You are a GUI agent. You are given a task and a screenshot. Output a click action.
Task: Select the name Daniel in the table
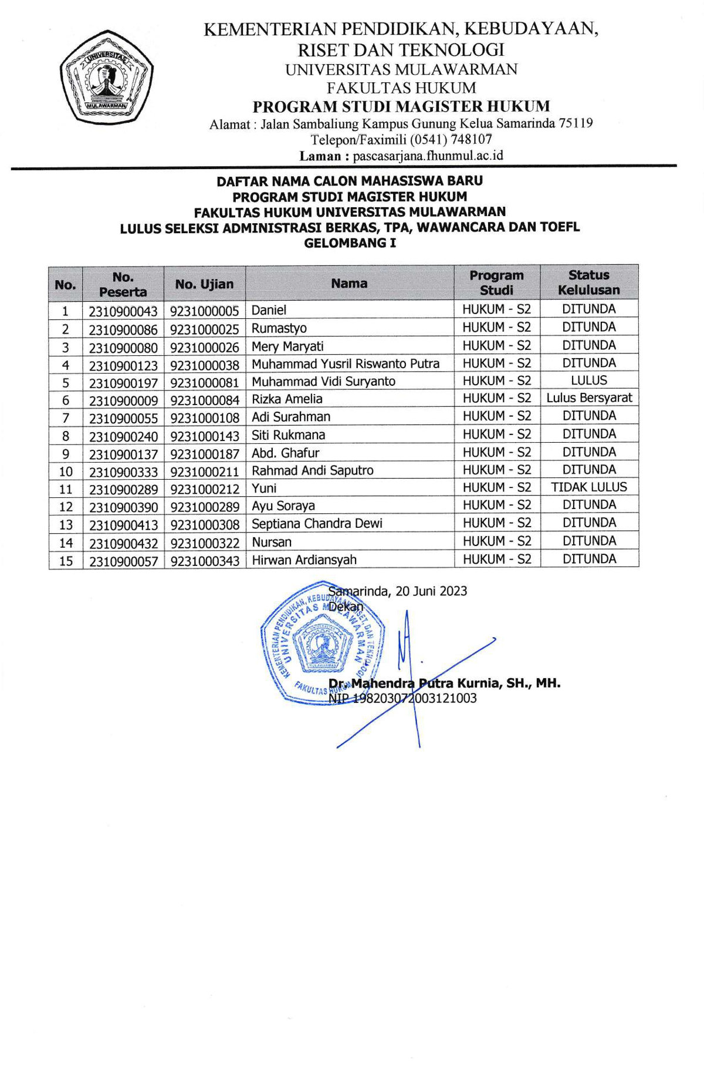tap(269, 310)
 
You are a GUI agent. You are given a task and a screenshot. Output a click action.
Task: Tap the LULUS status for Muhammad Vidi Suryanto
tap(588, 380)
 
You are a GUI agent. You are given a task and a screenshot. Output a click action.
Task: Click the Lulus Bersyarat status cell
tap(589, 398)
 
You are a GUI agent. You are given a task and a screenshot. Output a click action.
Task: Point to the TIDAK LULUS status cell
tap(589, 487)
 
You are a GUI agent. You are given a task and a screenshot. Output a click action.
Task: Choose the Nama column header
tap(349, 284)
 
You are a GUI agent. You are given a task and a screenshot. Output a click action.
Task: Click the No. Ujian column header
tap(204, 284)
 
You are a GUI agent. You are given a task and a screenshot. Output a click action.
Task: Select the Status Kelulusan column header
tap(588, 282)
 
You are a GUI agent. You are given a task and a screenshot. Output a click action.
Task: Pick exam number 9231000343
tap(205, 561)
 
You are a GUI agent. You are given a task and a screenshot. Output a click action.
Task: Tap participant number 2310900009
tap(123, 401)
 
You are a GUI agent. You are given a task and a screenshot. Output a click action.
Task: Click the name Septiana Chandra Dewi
tap(317, 523)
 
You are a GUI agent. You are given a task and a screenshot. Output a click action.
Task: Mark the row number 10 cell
tap(66, 471)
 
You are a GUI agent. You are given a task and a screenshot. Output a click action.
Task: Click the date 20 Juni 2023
tap(431, 591)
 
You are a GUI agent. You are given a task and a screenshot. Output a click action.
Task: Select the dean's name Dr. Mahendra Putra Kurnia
tap(444, 683)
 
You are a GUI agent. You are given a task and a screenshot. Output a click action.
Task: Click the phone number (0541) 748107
tap(451, 140)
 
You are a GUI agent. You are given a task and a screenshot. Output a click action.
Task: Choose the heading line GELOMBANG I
tap(350, 243)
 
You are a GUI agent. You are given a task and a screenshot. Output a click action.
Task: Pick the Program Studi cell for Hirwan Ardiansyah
tap(496, 560)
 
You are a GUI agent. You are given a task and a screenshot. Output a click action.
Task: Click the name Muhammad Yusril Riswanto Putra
tap(346, 364)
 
